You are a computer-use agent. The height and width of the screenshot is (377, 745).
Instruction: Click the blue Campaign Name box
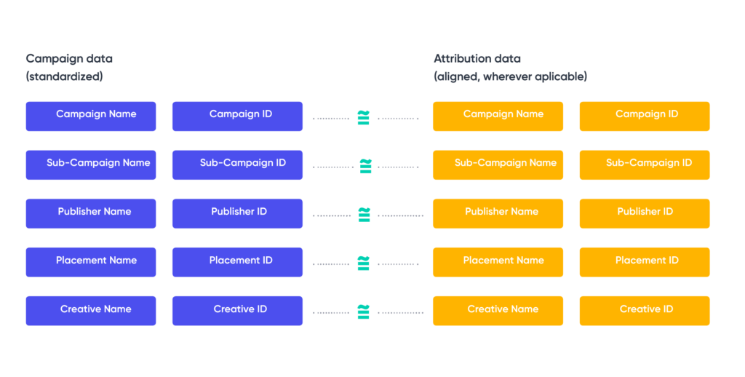coord(91,116)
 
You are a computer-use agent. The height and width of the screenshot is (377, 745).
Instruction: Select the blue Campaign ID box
coord(237,116)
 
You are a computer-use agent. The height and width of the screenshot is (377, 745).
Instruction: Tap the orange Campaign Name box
coord(498,116)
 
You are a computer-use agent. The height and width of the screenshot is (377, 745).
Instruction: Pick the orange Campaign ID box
coord(645,116)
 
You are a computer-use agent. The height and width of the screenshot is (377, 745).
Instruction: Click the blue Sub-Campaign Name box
coord(91,165)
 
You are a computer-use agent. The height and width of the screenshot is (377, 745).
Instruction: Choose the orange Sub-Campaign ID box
coord(645,165)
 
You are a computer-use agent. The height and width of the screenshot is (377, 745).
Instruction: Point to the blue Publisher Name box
coord(91,214)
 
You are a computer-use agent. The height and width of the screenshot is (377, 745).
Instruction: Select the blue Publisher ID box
coord(237,214)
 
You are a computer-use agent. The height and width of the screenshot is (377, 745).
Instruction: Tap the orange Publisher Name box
coord(498,214)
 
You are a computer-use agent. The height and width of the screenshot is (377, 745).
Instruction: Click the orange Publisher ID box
coord(645,214)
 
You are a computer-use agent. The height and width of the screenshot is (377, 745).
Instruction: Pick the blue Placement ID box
coord(237,262)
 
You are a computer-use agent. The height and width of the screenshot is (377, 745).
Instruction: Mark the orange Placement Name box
coord(498,262)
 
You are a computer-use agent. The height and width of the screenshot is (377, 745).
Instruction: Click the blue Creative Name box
coord(91,311)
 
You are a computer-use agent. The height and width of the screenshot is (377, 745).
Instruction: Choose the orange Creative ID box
coord(645,311)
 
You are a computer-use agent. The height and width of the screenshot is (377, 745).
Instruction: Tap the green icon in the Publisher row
coord(364,214)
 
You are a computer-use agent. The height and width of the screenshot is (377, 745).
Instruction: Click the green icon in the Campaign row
coord(364,117)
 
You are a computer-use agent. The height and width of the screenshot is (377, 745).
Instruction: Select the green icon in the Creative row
coord(364,311)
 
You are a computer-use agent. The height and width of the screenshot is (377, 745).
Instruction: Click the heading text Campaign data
coord(69,58)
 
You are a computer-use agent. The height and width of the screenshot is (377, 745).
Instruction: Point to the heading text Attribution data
coord(477,58)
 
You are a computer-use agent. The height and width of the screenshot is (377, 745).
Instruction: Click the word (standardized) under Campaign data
coord(64,76)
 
